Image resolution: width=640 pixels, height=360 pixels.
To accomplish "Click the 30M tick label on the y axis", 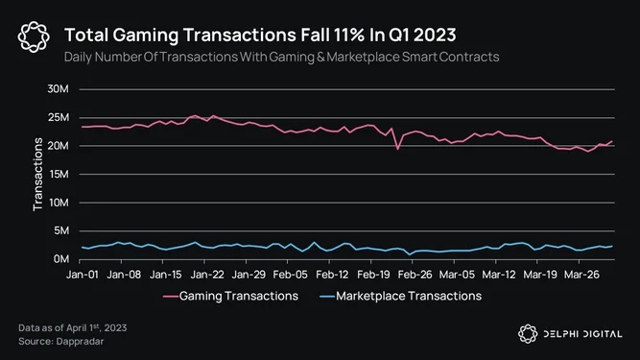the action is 58,88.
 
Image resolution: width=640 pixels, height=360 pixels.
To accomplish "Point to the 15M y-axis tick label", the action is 59,175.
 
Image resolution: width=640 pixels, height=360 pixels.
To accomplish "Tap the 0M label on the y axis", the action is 61,259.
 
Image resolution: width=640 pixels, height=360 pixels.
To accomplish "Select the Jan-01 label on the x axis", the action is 83,275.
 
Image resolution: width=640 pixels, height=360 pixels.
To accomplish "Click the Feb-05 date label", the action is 290,275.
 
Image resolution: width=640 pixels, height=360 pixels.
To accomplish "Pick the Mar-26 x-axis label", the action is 581,275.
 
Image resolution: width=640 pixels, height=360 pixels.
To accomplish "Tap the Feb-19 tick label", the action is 373,275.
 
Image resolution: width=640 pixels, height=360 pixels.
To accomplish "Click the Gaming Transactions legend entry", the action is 230,296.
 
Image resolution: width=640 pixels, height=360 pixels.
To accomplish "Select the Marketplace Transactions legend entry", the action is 400,296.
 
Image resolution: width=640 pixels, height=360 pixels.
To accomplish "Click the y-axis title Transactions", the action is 37,175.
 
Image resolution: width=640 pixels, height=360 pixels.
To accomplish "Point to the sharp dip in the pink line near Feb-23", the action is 398,149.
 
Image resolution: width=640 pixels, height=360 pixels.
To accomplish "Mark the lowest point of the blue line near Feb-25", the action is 410,254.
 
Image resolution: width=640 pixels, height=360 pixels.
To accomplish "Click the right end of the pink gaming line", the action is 612,141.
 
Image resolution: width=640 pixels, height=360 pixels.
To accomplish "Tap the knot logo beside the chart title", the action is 34,36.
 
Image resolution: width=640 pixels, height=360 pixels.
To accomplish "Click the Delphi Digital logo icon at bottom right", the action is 528,334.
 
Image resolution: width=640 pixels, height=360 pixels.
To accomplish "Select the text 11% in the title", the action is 349,36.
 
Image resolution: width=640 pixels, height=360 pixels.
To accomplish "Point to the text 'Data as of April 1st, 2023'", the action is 73,327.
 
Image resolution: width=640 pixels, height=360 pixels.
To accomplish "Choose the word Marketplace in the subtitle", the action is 363,58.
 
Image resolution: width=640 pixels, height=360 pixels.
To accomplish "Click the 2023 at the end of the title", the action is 435,36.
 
